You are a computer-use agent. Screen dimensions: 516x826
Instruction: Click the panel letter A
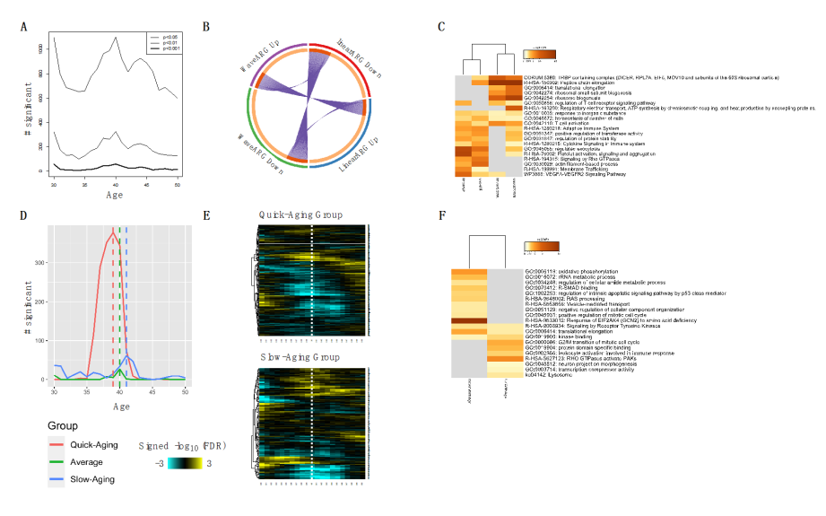(25, 27)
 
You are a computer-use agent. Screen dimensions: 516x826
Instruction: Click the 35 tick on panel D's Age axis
(87, 392)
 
